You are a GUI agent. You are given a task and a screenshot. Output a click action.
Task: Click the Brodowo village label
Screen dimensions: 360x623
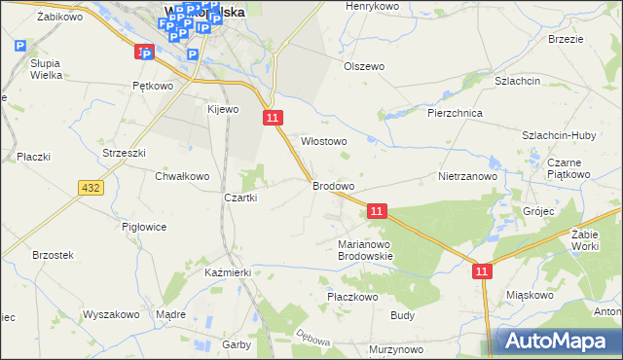333,185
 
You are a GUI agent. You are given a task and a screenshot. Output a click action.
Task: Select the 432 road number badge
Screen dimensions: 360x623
92,188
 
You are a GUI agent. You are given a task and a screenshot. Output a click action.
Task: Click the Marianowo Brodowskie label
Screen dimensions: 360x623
364,250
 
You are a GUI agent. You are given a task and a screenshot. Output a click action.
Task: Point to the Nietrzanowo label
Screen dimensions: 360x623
467,177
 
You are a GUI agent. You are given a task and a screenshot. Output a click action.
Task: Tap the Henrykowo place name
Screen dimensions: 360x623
373,6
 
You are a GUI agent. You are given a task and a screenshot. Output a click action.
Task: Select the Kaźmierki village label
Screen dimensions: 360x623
229,273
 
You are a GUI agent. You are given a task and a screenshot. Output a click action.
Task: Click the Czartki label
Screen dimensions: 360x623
240,198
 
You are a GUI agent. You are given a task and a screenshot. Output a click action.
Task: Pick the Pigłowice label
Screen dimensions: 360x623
144,227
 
